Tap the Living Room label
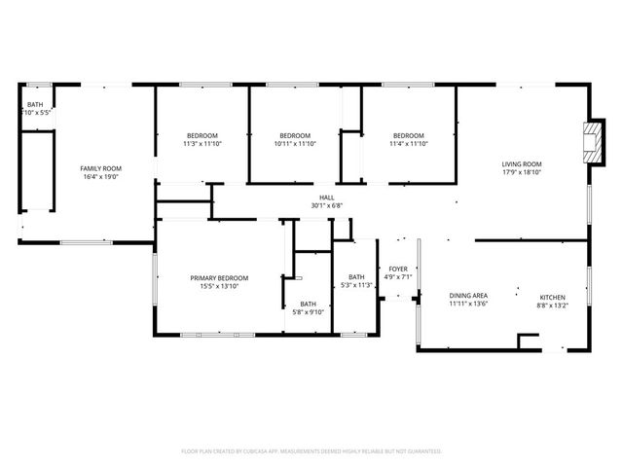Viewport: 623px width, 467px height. click(x=522, y=164)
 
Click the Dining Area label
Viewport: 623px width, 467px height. click(x=467, y=295)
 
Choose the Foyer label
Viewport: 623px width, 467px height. click(x=398, y=269)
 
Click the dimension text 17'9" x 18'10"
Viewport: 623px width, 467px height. click(x=522, y=173)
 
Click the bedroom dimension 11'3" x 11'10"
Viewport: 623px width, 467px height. click(x=202, y=144)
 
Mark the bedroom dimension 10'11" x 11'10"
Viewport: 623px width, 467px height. click(x=295, y=144)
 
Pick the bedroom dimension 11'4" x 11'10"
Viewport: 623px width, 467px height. click(x=409, y=144)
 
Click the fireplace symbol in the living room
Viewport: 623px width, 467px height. click(x=591, y=143)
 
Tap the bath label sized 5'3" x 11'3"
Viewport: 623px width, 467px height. click(x=356, y=277)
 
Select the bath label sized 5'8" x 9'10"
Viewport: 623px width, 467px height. click(x=308, y=304)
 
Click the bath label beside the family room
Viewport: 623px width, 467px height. click(x=35, y=104)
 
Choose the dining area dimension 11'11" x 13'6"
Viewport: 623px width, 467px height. click(x=467, y=304)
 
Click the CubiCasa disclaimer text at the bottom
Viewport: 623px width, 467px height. click(x=311, y=451)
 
